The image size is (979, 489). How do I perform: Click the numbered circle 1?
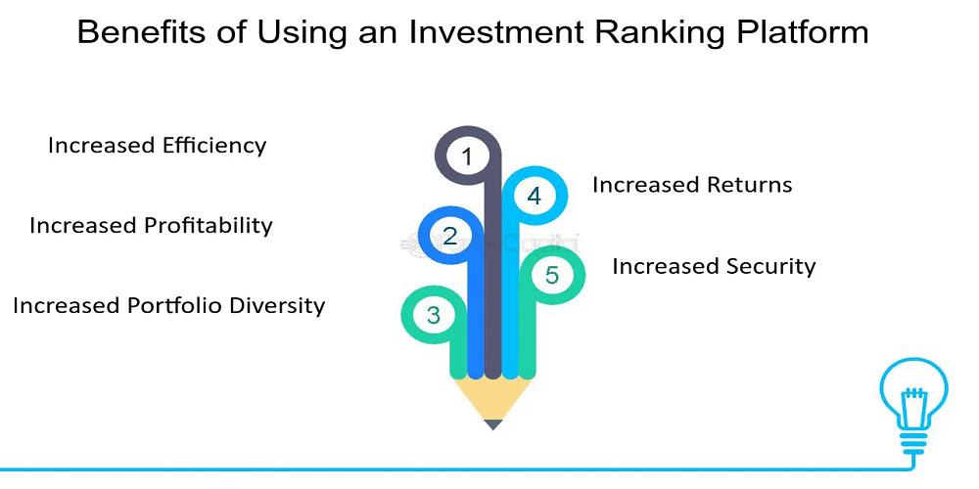467,156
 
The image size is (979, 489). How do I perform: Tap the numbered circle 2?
450,236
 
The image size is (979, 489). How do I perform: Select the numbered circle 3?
434,316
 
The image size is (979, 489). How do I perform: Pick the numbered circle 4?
535,196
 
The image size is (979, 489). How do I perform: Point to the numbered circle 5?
552,275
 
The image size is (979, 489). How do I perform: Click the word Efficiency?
214,146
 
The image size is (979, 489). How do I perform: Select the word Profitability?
209,225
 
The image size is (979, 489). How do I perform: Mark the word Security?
771,266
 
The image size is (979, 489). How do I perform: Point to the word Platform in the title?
795,32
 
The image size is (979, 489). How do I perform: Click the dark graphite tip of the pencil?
493,424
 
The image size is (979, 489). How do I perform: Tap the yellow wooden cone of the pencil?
493,397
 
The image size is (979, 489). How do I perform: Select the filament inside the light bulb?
913,397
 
